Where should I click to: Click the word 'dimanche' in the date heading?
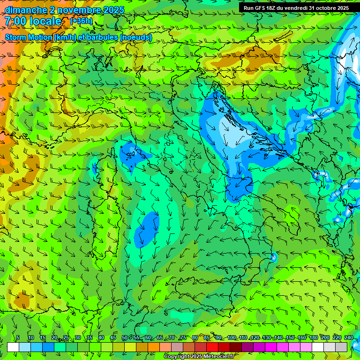click(26, 10)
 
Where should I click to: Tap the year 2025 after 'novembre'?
click(112, 10)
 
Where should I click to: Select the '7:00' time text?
click(15, 21)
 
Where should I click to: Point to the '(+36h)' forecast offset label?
click(81, 21)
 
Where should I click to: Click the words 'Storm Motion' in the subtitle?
click(29, 37)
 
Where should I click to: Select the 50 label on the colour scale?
click(125, 338)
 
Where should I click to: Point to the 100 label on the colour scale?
click(231, 338)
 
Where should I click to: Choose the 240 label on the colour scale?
click(349, 338)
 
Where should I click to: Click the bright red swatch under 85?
click(212, 347)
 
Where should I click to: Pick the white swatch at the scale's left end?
click(13, 347)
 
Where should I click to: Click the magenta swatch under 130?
click(271, 347)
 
